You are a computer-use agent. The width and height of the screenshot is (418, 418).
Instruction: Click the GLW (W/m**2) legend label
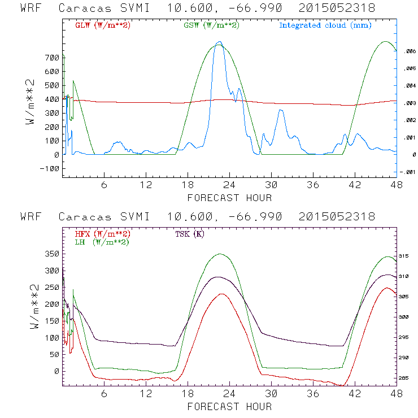(x=102, y=25)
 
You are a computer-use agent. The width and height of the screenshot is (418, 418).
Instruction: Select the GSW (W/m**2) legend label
(x=211, y=25)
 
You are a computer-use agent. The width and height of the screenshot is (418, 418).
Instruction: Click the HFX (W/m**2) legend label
(x=102, y=234)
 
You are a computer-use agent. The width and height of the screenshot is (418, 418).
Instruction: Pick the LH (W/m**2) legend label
(x=102, y=242)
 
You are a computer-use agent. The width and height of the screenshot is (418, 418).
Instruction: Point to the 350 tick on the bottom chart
(x=52, y=254)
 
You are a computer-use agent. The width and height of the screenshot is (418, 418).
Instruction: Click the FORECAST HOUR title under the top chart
(x=229, y=198)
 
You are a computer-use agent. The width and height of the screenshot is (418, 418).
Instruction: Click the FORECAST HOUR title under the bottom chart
(x=229, y=407)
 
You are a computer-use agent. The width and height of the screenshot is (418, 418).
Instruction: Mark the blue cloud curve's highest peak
(x=220, y=42)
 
